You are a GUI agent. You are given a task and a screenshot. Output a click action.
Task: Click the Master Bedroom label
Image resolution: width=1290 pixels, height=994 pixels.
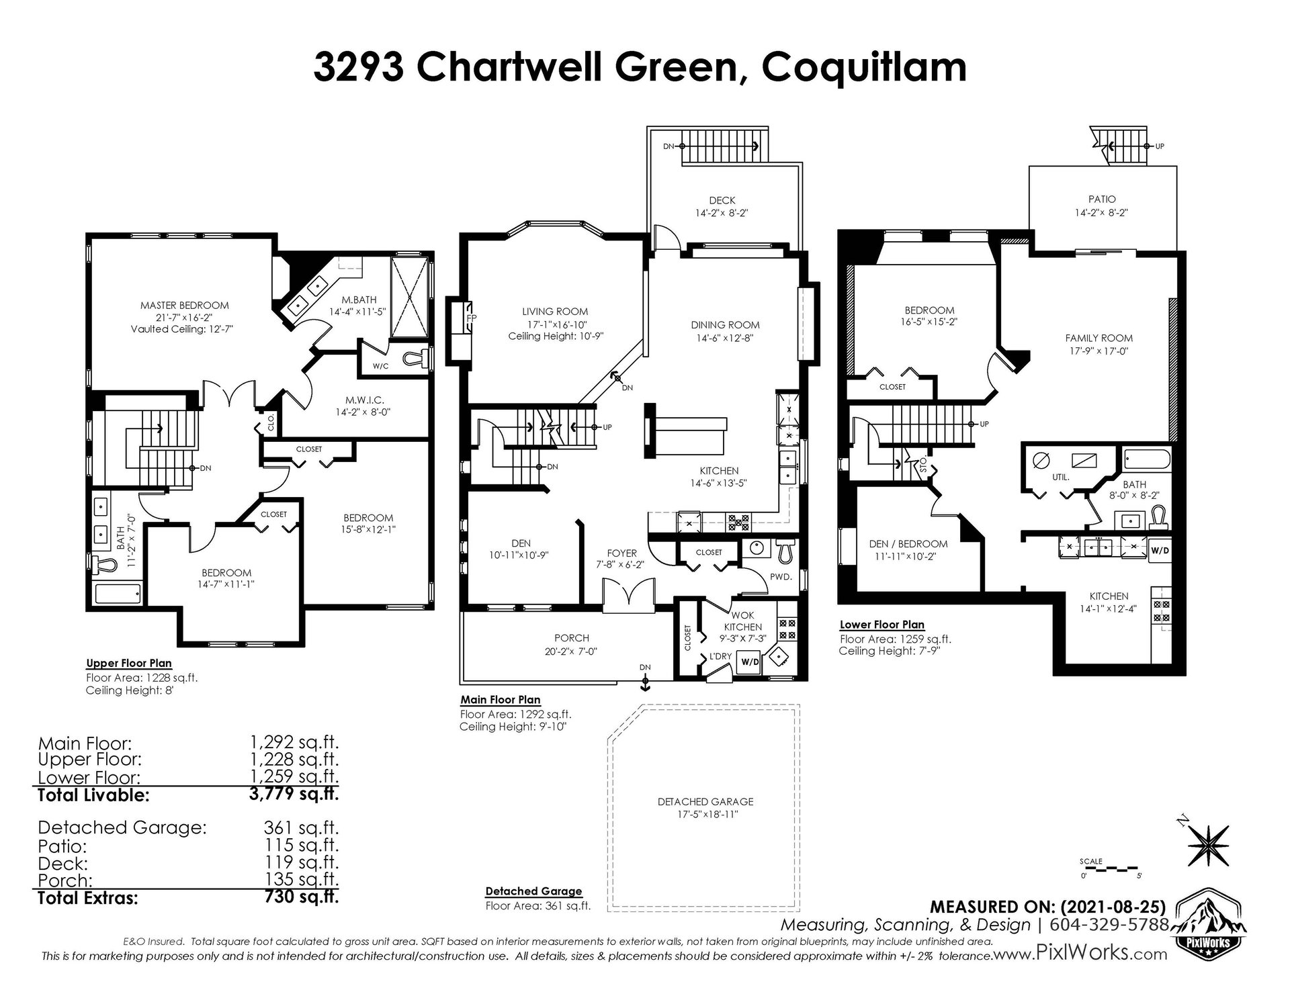pos(184,305)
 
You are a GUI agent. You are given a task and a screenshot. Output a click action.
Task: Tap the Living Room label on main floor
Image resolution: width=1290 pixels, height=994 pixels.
pos(555,312)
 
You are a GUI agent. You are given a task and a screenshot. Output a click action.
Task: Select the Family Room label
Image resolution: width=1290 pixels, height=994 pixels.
pos(1099,338)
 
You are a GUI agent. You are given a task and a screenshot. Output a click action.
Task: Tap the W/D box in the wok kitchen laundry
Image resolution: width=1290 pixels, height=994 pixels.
pos(750,662)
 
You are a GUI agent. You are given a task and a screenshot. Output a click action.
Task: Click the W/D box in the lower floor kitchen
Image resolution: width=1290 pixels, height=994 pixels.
pos(1160,550)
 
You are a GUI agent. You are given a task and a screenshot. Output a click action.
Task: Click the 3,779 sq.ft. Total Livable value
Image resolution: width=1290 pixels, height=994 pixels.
pos(294,795)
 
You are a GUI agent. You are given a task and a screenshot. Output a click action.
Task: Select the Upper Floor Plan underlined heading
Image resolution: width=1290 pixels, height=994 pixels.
pos(129,664)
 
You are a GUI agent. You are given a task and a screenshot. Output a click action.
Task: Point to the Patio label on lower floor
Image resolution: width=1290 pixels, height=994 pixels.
pos(1102,199)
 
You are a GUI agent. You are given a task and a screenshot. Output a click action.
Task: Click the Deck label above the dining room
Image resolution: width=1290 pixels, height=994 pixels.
pos(722,200)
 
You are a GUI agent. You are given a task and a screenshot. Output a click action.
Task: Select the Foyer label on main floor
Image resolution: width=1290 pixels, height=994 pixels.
pos(621,553)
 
